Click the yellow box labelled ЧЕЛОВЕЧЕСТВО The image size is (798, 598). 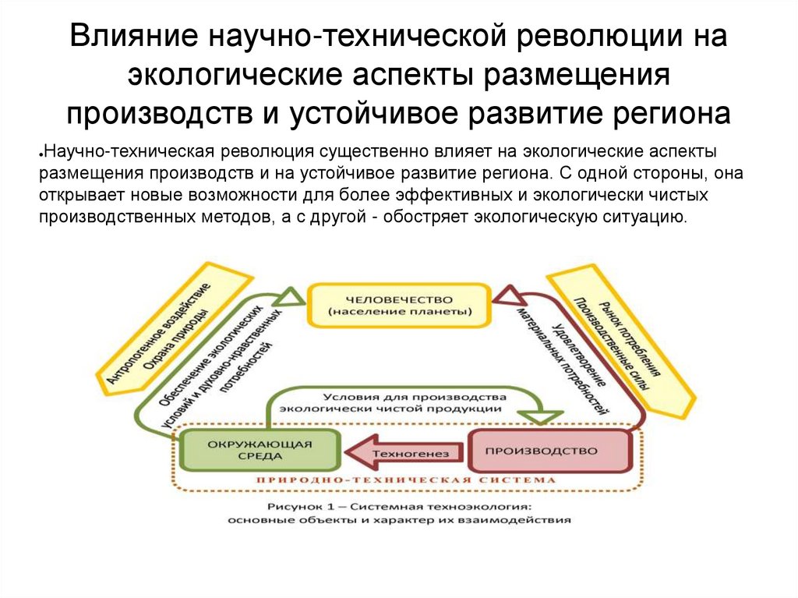400,305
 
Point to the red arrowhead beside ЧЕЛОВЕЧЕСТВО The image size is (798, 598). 506,295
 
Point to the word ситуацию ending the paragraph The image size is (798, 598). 648,218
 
